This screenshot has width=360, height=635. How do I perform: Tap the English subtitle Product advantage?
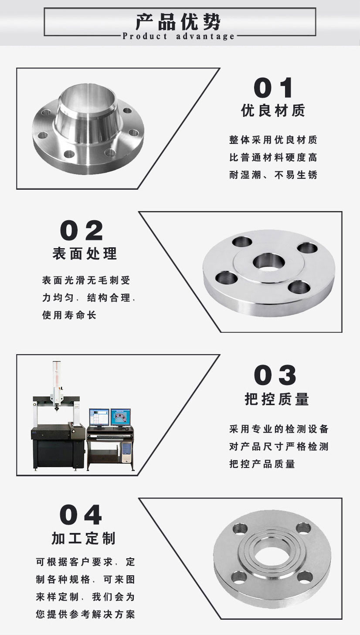pos(179,36)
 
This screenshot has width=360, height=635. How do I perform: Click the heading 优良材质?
pos(273,111)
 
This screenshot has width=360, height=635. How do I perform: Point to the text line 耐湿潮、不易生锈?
pos(273,175)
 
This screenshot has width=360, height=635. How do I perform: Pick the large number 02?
pos(82,231)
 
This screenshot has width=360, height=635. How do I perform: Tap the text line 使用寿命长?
pos(69,315)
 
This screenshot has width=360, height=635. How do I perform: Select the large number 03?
pos(275,375)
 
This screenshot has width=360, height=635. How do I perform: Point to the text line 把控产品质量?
pos(262,464)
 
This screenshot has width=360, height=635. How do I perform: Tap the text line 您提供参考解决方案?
pos(85,615)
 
